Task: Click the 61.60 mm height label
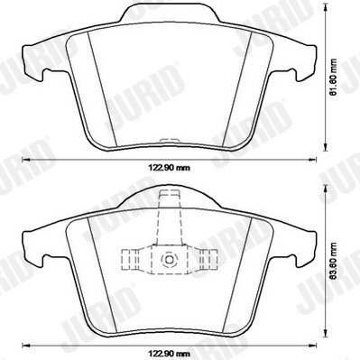pyautogui.click(x=333, y=78)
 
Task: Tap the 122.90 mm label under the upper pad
pyautogui.click(x=169, y=168)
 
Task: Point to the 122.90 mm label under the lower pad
pyautogui.click(x=169, y=353)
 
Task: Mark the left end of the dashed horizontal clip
pyautogui.click(x=122, y=259)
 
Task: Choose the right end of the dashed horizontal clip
pyautogui.click(x=217, y=259)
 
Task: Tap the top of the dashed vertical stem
pyautogui.click(x=170, y=191)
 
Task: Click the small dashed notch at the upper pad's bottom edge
pyautogui.click(x=170, y=140)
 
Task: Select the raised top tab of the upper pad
pyautogui.click(x=170, y=12)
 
